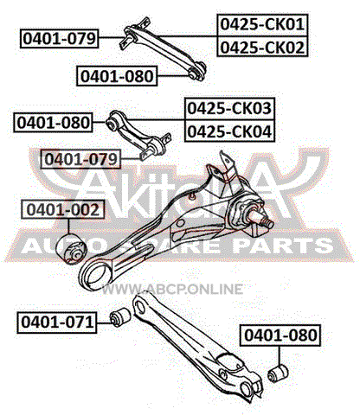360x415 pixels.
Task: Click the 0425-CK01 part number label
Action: click(x=262, y=24)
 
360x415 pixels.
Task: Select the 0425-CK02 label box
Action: click(x=262, y=47)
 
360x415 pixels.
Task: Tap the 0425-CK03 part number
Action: click(x=229, y=108)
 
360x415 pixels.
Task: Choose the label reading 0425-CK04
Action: click(x=229, y=131)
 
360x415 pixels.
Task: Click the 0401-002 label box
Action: click(x=62, y=209)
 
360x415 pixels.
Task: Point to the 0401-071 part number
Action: click(x=57, y=322)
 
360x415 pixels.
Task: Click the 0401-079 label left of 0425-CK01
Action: click(x=60, y=38)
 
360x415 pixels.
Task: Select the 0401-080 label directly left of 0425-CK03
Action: click(x=54, y=122)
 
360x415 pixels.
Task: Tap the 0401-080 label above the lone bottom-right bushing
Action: click(x=280, y=335)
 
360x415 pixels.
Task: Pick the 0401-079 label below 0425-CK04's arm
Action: click(x=80, y=159)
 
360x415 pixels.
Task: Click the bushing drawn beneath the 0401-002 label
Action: click(x=71, y=249)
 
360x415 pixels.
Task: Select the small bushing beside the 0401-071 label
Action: click(x=120, y=317)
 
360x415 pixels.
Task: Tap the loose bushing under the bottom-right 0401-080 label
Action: click(x=278, y=373)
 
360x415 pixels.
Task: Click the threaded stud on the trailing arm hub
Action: click(x=265, y=221)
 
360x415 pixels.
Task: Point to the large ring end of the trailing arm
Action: click(x=95, y=275)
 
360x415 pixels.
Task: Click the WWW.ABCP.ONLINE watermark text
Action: click(x=172, y=289)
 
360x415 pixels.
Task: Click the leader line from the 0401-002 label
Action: click(x=68, y=227)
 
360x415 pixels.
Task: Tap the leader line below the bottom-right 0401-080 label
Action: click(x=280, y=355)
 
